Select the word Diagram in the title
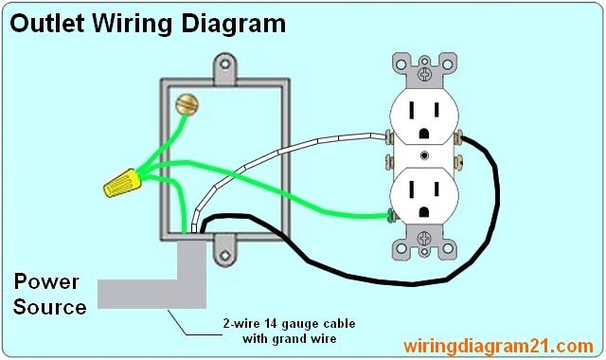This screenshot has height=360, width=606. [232, 24]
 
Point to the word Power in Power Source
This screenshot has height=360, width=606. [46, 282]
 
